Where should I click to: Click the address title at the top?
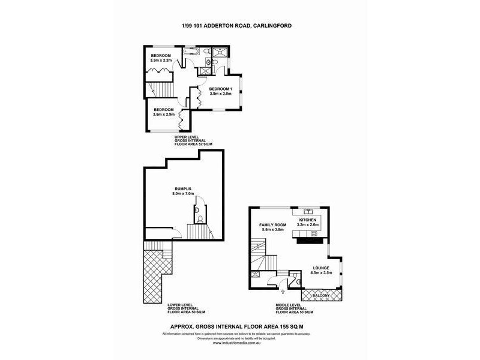(x=239, y=25)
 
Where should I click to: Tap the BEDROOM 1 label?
(x=219, y=89)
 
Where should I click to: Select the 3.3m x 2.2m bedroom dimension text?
(x=161, y=61)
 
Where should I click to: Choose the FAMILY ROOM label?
(x=271, y=225)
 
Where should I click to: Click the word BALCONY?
(x=321, y=296)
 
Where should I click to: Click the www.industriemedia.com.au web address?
(x=239, y=343)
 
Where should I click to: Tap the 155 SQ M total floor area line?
(x=239, y=326)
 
